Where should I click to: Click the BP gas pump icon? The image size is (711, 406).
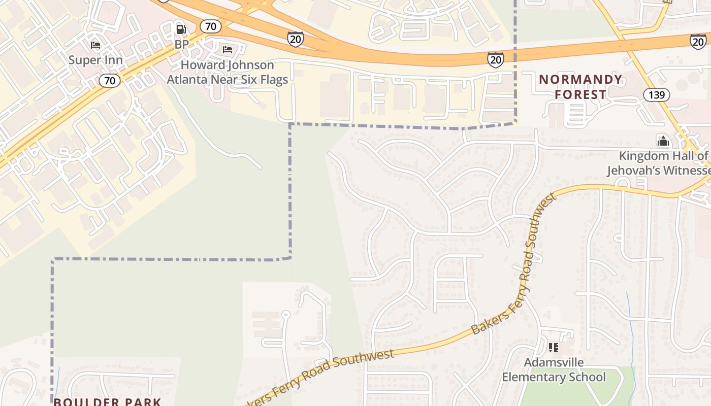pos(181,29)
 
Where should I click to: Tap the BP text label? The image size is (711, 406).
pos(181,44)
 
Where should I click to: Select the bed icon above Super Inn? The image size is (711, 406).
pos(95,45)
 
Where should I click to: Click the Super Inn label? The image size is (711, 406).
pos(95,60)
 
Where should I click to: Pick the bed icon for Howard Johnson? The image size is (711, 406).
pos(228,49)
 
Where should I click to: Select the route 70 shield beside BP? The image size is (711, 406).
pos(209,26)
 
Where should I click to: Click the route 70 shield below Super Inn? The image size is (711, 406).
pos(110,80)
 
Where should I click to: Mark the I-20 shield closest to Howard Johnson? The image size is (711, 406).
pos(295,39)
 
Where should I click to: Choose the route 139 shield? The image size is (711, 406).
pos(656,94)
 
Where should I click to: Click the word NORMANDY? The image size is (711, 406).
pos(580,80)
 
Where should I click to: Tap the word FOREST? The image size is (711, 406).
pos(580,94)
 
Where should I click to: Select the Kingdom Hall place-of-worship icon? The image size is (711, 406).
pos(662,141)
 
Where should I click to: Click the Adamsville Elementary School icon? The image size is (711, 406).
pos(554,348)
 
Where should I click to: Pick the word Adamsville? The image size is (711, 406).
pos(554,362)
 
